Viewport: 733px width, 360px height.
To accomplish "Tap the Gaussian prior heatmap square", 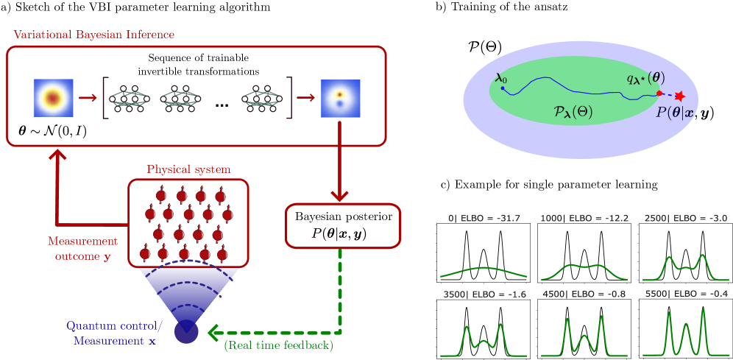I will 52,97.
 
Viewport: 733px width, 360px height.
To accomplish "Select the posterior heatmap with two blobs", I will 339,98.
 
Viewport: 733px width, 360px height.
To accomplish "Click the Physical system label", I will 188,169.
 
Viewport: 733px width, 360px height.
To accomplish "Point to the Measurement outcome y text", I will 82,248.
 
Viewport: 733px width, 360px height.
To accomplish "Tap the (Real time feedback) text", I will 279,345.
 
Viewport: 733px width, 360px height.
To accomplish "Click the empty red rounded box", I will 343,227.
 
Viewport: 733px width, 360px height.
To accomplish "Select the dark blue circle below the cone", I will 185,332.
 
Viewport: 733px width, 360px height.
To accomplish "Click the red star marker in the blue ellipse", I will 679,96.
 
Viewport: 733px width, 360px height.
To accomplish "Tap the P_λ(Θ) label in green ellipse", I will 573,112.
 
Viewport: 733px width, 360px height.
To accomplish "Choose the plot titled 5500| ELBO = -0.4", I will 684,329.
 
